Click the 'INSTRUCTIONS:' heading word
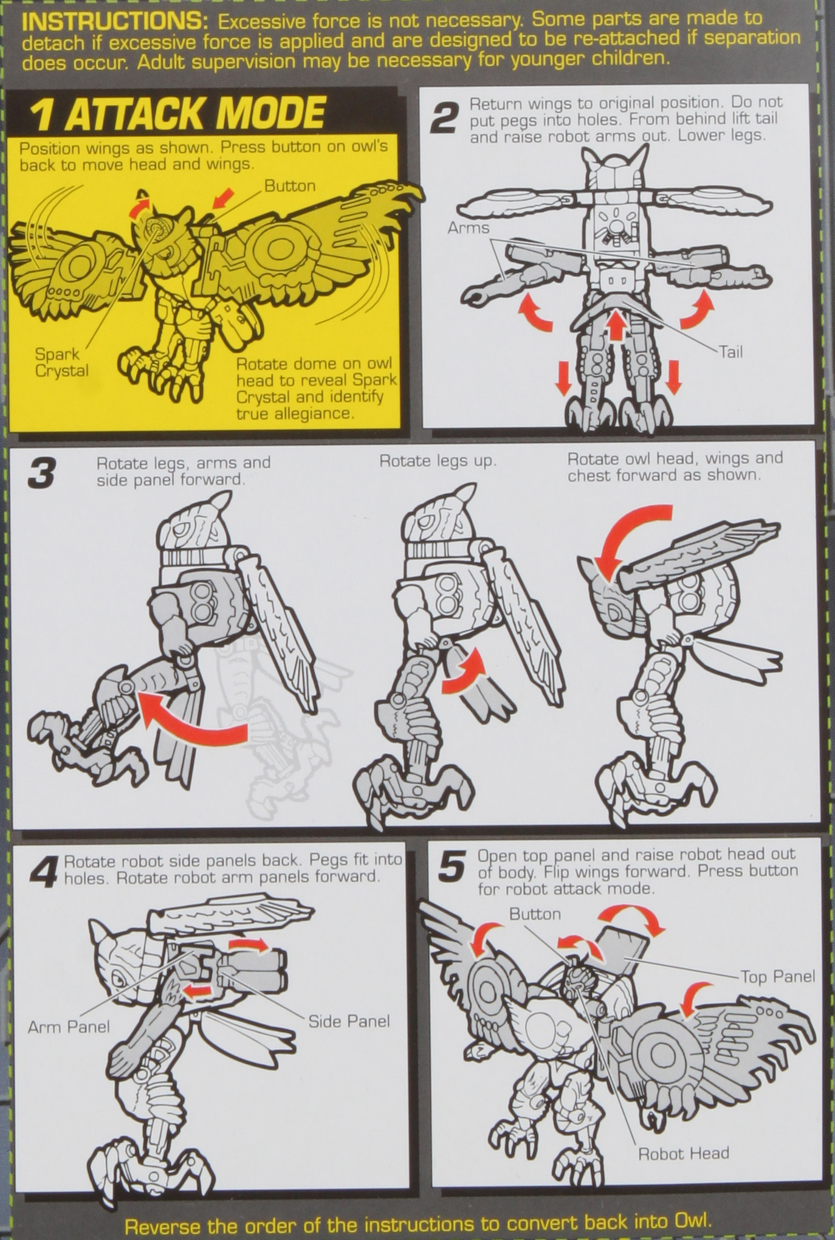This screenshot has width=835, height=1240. (115, 22)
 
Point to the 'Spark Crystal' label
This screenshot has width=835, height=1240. (61, 362)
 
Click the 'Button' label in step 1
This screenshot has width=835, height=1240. (290, 186)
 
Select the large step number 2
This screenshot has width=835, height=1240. (444, 117)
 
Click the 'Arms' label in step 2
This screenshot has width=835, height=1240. (469, 227)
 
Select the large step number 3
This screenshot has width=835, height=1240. (42, 474)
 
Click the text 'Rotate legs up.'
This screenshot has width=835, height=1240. (438, 461)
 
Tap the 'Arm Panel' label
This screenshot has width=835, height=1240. (69, 1027)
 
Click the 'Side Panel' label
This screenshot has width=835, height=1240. (349, 1021)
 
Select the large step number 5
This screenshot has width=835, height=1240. (452, 867)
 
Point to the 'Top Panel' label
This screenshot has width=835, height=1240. (777, 976)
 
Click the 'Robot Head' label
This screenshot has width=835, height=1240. (683, 1153)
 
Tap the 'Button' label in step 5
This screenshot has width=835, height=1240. (535, 914)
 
